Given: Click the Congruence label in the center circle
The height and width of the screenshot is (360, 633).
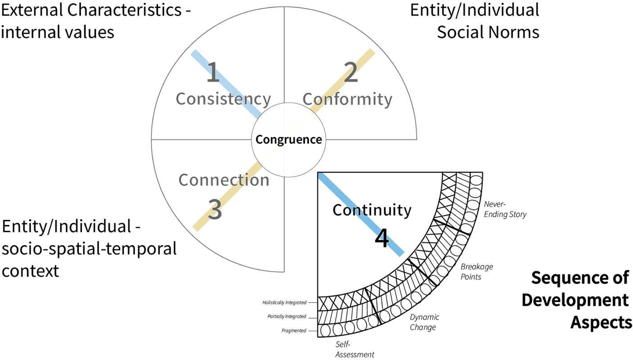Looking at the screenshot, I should (x=289, y=139).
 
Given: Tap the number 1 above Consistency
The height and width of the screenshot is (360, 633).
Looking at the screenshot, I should (x=213, y=73).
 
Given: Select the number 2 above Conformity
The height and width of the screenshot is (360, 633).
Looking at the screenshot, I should (x=351, y=73).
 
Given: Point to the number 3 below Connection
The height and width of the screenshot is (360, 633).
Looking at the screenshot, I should (x=215, y=209).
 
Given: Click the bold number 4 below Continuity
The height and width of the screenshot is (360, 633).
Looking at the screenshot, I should (x=381, y=239).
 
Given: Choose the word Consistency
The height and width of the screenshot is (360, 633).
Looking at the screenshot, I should (x=223, y=99).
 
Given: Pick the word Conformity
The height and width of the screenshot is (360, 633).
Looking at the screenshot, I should (x=347, y=99).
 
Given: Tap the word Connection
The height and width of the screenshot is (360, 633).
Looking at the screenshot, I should (x=224, y=180).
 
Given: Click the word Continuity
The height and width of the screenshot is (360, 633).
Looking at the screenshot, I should (x=372, y=210).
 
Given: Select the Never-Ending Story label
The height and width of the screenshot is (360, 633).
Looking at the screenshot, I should (x=505, y=210).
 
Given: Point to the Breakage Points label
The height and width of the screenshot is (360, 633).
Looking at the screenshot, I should (x=476, y=271).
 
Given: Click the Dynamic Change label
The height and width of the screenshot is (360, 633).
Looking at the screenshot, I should (x=424, y=322).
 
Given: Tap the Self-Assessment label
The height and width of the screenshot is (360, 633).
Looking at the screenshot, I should (x=355, y=350).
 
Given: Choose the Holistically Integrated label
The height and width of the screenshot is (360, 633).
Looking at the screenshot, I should (x=284, y=302).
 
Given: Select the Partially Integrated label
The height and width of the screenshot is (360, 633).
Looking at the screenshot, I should (x=286, y=316).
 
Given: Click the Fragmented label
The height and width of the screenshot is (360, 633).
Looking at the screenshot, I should (x=294, y=330).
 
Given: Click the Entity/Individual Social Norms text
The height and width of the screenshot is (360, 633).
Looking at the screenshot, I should (x=475, y=21).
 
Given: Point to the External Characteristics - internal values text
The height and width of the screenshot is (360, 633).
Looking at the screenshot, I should (x=95, y=21).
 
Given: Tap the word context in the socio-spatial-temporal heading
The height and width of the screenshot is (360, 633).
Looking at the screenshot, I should (x=30, y=271).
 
